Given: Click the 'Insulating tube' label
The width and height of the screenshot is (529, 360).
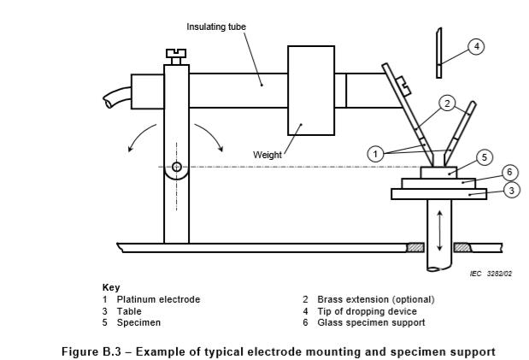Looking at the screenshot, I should click(216, 27).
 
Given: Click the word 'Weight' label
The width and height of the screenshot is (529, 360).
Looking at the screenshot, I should click(267, 155).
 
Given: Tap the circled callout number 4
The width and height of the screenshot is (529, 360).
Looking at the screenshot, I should click(476, 46).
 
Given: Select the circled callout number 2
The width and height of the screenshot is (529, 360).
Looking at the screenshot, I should click(446, 104).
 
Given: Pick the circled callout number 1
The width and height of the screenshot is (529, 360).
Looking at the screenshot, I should click(375, 154).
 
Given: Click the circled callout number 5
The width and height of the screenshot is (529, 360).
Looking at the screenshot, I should click(483, 157).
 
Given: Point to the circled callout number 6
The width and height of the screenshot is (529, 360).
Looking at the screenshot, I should click(508, 173).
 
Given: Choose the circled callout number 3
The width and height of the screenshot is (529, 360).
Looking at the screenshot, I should click(511, 190).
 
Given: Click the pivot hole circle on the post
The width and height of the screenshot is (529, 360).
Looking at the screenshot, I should click(177, 167).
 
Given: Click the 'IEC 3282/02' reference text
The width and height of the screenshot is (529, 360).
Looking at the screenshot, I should click(491, 274).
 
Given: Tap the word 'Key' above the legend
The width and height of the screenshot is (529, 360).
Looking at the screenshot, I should click(111, 287).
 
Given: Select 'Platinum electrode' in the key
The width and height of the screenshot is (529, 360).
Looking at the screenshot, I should click(158, 299).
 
